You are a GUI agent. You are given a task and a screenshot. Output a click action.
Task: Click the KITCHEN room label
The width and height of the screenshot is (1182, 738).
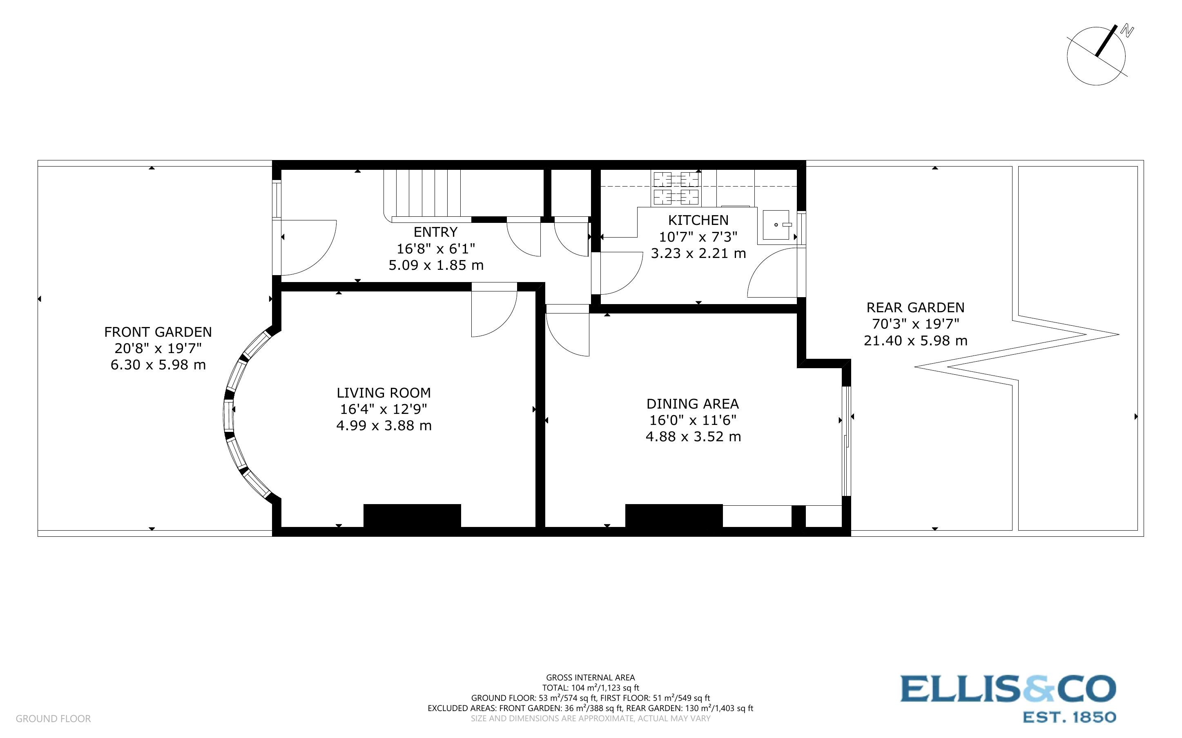point(698,220)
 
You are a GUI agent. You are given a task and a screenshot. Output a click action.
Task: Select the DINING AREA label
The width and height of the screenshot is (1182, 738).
point(692,404)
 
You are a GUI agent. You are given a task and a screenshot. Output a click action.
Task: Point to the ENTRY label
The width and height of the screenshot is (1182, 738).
point(435,232)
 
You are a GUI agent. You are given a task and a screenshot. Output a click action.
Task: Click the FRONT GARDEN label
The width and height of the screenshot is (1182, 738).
point(158,332)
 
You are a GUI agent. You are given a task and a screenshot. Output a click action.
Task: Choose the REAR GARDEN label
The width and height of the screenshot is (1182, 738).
point(915,307)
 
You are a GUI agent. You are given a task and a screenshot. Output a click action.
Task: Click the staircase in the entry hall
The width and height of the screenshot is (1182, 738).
point(422,193)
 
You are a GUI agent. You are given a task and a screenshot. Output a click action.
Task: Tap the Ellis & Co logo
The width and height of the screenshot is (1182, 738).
point(1008,698)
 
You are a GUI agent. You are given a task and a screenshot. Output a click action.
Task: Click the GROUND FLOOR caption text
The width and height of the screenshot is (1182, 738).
point(53,718)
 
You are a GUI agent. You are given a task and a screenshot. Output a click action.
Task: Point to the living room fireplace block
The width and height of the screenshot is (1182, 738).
point(412,516)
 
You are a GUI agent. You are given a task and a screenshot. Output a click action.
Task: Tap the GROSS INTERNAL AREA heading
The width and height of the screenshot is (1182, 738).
point(590,678)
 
